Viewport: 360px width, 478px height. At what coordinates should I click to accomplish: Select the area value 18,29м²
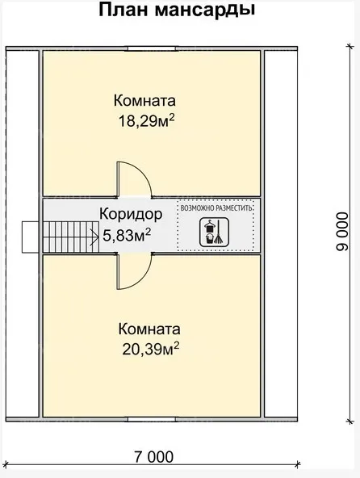pos(146,121)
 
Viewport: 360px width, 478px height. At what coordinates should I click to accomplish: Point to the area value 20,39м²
pos(151,349)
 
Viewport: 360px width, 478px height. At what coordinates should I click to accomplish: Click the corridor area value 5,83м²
pos(127,235)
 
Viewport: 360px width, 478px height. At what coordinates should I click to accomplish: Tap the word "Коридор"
pos(131,215)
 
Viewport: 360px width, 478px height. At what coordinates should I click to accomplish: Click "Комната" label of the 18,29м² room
pos(144,101)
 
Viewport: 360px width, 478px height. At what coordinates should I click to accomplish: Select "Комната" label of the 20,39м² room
pos(149,329)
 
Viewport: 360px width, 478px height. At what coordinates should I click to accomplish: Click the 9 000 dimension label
pos(342,232)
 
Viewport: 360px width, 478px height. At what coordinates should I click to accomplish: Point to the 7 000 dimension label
pos(153,457)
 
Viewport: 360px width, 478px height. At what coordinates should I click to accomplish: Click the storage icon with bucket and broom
pos(214,232)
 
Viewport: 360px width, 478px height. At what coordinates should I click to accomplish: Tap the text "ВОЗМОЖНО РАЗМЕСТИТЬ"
pos(216,208)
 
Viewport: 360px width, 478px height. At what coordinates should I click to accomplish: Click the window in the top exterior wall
pos(152,48)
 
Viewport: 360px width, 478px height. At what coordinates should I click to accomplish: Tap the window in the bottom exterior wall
pos(152,420)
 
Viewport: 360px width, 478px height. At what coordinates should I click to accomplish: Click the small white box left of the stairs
pos(30,237)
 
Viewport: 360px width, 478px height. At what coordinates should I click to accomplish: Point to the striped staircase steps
pos(71,237)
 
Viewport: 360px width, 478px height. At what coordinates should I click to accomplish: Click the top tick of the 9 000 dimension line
pos(350,47)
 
